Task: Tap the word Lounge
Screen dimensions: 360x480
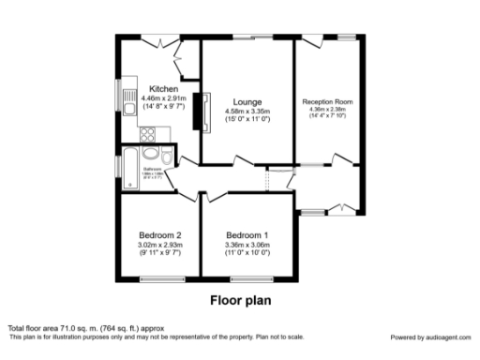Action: pos(248,101)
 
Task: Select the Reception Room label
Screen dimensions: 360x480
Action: pos(327,101)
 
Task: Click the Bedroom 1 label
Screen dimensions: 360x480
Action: pos(248,234)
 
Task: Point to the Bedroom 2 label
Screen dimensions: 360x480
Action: pos(158,234)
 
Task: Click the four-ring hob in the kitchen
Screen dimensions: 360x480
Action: pos(148,134)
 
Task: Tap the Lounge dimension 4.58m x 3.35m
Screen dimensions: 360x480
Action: pos(248,111)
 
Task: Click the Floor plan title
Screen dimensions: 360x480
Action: pos(240,302)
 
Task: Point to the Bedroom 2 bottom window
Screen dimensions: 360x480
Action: pos(158,278)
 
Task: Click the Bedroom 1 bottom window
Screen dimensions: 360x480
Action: pos(248,278)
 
